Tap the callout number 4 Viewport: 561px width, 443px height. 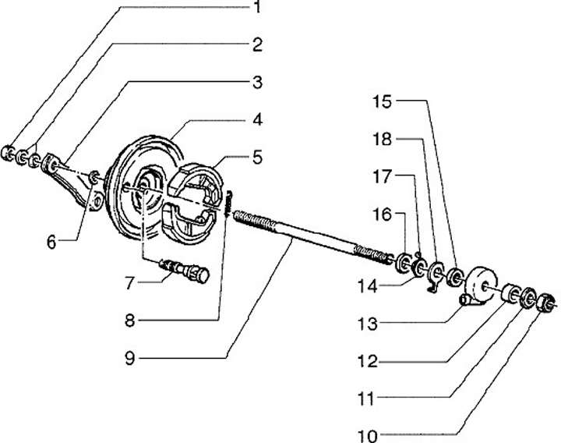click(256, 121)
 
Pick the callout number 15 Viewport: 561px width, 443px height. click(383, 102)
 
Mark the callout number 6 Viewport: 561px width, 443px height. click(51, 242)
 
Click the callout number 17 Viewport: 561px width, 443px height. click(383, 179)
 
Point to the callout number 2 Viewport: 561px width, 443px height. click(256, 44)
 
